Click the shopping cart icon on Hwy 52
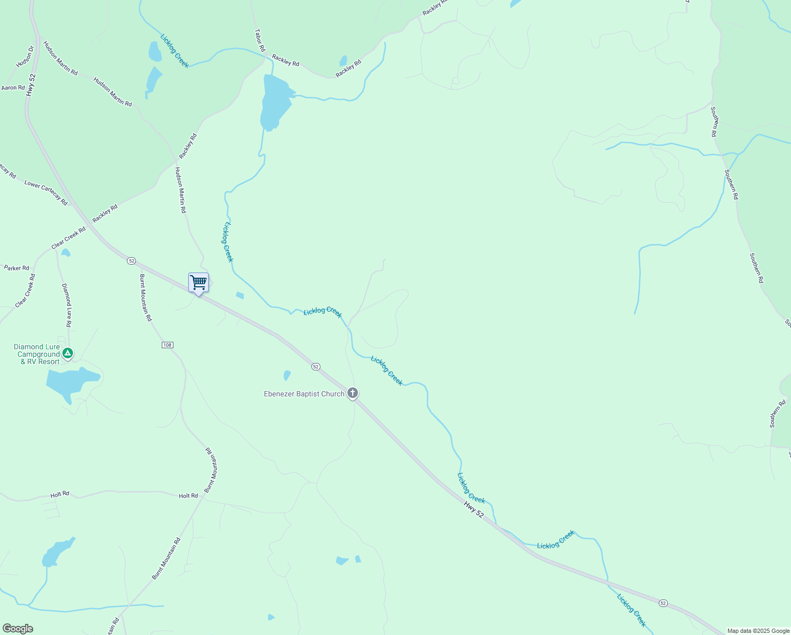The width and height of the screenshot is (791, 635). pyautogui.click(x=198, y=283)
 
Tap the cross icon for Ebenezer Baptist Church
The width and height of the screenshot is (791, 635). pyautogui.click(x=353, y=393)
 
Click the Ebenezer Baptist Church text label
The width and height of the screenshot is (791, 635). pyautogui.click(x=304, y=394)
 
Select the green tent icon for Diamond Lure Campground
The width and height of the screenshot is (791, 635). pyautogui.click(x=67, y=352)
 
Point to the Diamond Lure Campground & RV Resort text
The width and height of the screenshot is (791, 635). pyautogui.click(x=37, y=354)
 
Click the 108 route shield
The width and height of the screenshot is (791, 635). pyautogui.click(x=167, y=345)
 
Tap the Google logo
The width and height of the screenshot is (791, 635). pyautogui.click(x=17, y=629)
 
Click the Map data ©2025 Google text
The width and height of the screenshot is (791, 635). pyautogui.click(x=758, y=631)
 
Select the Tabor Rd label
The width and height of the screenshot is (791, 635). pyautogui.click(x=260, y=40)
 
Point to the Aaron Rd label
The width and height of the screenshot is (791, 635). pyautogui.click(x=13, y=88)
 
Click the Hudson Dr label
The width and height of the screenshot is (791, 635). pyautogui.click(x=25, y=57)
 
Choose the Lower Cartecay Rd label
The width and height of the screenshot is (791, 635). pyautogui.click(x=46, y=193)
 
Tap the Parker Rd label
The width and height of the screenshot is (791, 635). pyautogui.click(x=16, y=268)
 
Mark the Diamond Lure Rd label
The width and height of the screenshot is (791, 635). pyautogui.click(x=66, y=305)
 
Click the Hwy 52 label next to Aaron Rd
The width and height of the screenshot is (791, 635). pyautogui.click(x=32, y=85)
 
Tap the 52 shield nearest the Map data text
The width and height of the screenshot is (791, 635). pyautogui.click(x=663, y=603)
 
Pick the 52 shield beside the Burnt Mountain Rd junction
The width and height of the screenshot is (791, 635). pyautogui.click(x=132, y=261)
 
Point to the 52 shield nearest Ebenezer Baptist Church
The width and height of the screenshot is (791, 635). pyautogui.click(x=316, y=367)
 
